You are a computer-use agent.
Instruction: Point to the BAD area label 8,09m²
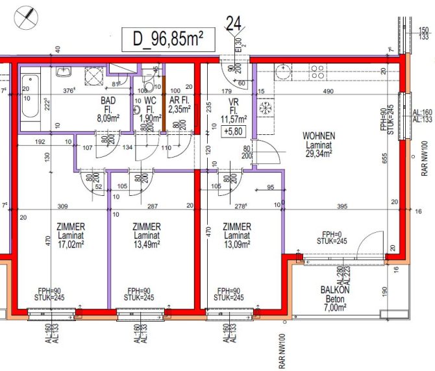108,119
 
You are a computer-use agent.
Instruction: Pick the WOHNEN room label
319,136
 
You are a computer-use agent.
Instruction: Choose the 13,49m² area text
147,246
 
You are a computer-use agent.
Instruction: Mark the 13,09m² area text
237,246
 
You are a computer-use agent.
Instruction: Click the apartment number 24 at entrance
234,25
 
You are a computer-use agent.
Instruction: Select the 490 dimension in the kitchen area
328,92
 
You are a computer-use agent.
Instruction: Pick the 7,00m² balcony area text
335,309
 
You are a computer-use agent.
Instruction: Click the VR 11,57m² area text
232,119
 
